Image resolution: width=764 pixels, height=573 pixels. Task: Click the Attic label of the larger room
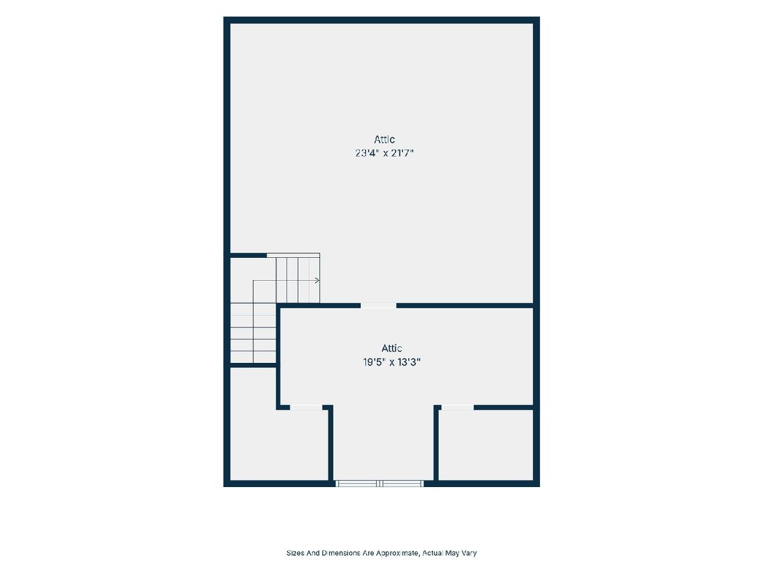(385, 139)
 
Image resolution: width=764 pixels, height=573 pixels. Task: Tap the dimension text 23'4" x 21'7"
(385, 153)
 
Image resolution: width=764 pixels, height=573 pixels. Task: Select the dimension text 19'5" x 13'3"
(392, 362)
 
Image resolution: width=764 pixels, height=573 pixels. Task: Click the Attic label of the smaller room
(392, 348)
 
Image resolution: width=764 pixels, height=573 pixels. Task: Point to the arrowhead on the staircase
(317, 280)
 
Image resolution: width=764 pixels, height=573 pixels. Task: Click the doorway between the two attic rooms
(378, 306)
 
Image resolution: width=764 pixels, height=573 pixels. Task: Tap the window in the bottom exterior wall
(379, 483)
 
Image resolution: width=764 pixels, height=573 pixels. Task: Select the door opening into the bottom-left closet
(306, 407)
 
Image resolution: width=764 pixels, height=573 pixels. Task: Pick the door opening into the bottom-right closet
(457, 407)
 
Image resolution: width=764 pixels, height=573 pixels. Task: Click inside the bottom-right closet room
(486, 445)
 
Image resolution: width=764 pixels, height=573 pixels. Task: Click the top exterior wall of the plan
(381, 20)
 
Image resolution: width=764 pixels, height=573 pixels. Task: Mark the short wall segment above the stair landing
(248, 255)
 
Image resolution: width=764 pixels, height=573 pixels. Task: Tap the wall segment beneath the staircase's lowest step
(253, 365)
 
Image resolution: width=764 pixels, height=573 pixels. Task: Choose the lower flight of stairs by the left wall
(253, 333)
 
